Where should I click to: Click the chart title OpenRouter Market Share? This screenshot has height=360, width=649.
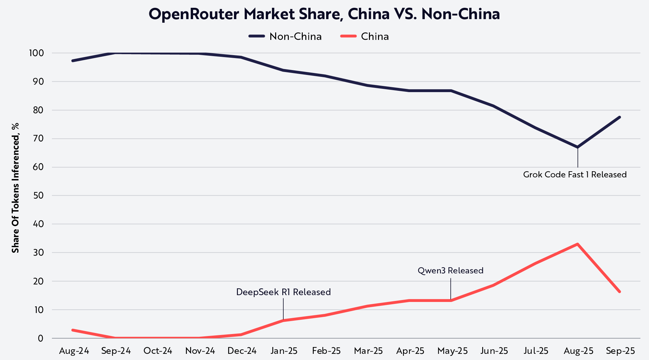324,14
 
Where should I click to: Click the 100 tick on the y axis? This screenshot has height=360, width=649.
36,53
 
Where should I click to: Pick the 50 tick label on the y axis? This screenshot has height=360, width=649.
38,196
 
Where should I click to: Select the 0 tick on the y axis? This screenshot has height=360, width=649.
40,338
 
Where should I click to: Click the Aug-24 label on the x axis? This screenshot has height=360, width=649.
74,351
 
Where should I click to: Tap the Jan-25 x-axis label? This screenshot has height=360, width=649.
284,351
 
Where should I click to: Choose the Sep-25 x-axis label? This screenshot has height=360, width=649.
620,351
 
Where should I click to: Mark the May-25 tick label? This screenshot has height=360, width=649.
452,351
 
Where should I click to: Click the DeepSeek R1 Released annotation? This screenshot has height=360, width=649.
283,292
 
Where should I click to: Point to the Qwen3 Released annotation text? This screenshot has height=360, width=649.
450,270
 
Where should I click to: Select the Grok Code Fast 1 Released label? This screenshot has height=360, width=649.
575,174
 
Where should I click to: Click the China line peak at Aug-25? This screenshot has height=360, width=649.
578,244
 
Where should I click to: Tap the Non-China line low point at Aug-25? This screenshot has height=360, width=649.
578,147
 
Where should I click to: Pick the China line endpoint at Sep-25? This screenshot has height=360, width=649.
619,292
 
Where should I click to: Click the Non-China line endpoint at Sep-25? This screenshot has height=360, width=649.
619,117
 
